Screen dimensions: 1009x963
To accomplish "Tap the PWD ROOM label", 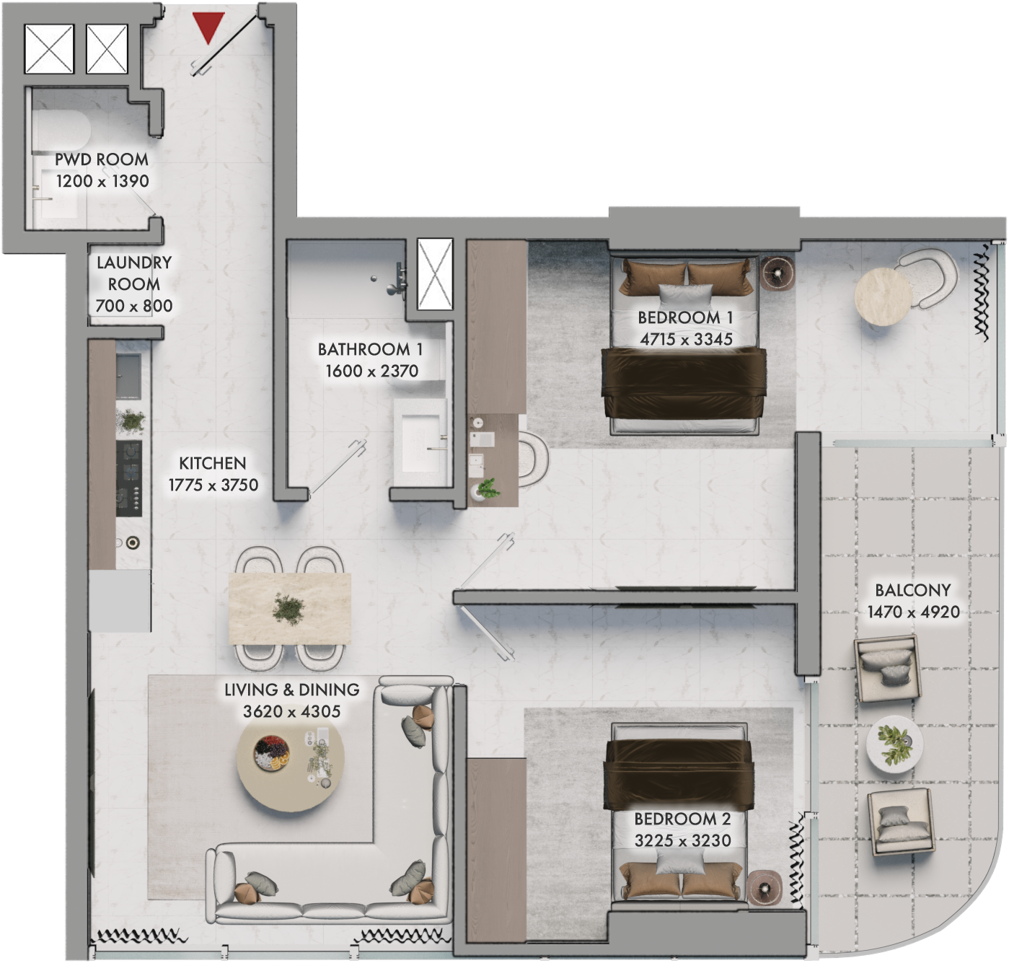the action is (x=102, y=159).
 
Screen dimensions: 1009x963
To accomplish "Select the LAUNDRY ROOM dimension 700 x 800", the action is (x=134, y=306).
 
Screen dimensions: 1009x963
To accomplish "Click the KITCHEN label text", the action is (x=213, y=464).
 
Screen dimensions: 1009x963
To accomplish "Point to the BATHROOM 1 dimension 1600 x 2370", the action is (x=371, y=371).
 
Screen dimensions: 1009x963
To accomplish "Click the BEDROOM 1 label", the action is (x=685, y=317).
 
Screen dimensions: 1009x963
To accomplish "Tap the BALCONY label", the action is (x=913, y=590).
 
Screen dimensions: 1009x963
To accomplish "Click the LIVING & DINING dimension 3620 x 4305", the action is (x=291, y=711).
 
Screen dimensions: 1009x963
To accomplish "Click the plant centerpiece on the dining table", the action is (x=289, y=609).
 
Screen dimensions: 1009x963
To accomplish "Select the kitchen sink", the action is (x=128, y=377).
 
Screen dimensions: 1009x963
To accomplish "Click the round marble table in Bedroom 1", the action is (x=883, y=296).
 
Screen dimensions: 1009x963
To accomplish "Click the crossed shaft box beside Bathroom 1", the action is (x=435, y=274).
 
